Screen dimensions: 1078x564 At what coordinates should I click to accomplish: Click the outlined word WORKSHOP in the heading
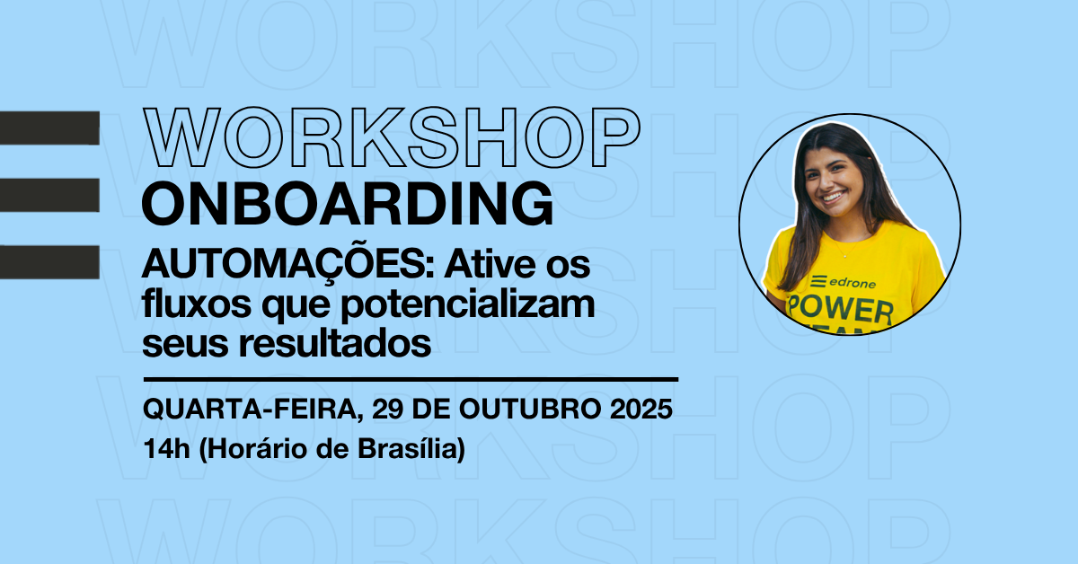[x=392, y=137]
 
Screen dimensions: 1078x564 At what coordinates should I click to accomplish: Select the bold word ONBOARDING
[x=348, y=203]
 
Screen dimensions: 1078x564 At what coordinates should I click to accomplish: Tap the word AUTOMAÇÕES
[x=288, y=266]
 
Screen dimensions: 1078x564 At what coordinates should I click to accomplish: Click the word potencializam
[x=468, y=305]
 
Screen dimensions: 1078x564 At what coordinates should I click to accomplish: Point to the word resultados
[x=335, y=344]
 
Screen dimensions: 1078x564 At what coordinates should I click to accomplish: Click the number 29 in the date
[x=387, y=409]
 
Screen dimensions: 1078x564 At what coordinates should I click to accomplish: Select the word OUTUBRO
[x=530, y=409]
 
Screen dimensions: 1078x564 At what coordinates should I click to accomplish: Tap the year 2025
[x=641, y=409]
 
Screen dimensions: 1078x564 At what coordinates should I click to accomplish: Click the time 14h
[x=166, y=449]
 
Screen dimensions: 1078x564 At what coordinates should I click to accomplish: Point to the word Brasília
[x=411, y=449]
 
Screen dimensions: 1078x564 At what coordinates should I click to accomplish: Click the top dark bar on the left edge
[x=49, y=128]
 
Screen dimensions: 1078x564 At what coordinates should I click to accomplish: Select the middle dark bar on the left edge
[x=49, y=195]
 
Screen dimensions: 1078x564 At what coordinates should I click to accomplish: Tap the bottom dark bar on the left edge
[x=49, y=262]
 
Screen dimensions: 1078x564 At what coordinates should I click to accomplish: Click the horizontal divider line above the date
[x=411, y=380]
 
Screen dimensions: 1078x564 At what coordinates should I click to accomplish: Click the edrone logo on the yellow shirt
[x=844, y=283]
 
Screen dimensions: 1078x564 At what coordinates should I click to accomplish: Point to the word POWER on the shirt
[x=840, y=311]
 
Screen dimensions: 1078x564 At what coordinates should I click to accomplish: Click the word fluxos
[x=197, y=304]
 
